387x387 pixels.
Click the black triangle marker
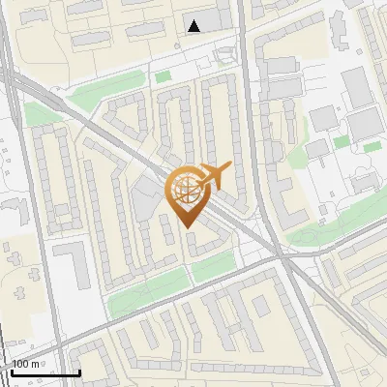(x=194, y=26)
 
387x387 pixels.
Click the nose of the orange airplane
(x=229, y=167)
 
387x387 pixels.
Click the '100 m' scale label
(x=27, y=364)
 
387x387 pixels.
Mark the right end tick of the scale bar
(x=78, y=372)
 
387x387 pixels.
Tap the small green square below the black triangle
(x=163, y=75)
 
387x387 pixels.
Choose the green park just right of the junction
(x=319, y=231)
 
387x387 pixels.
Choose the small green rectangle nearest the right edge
(x=372, y=147)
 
